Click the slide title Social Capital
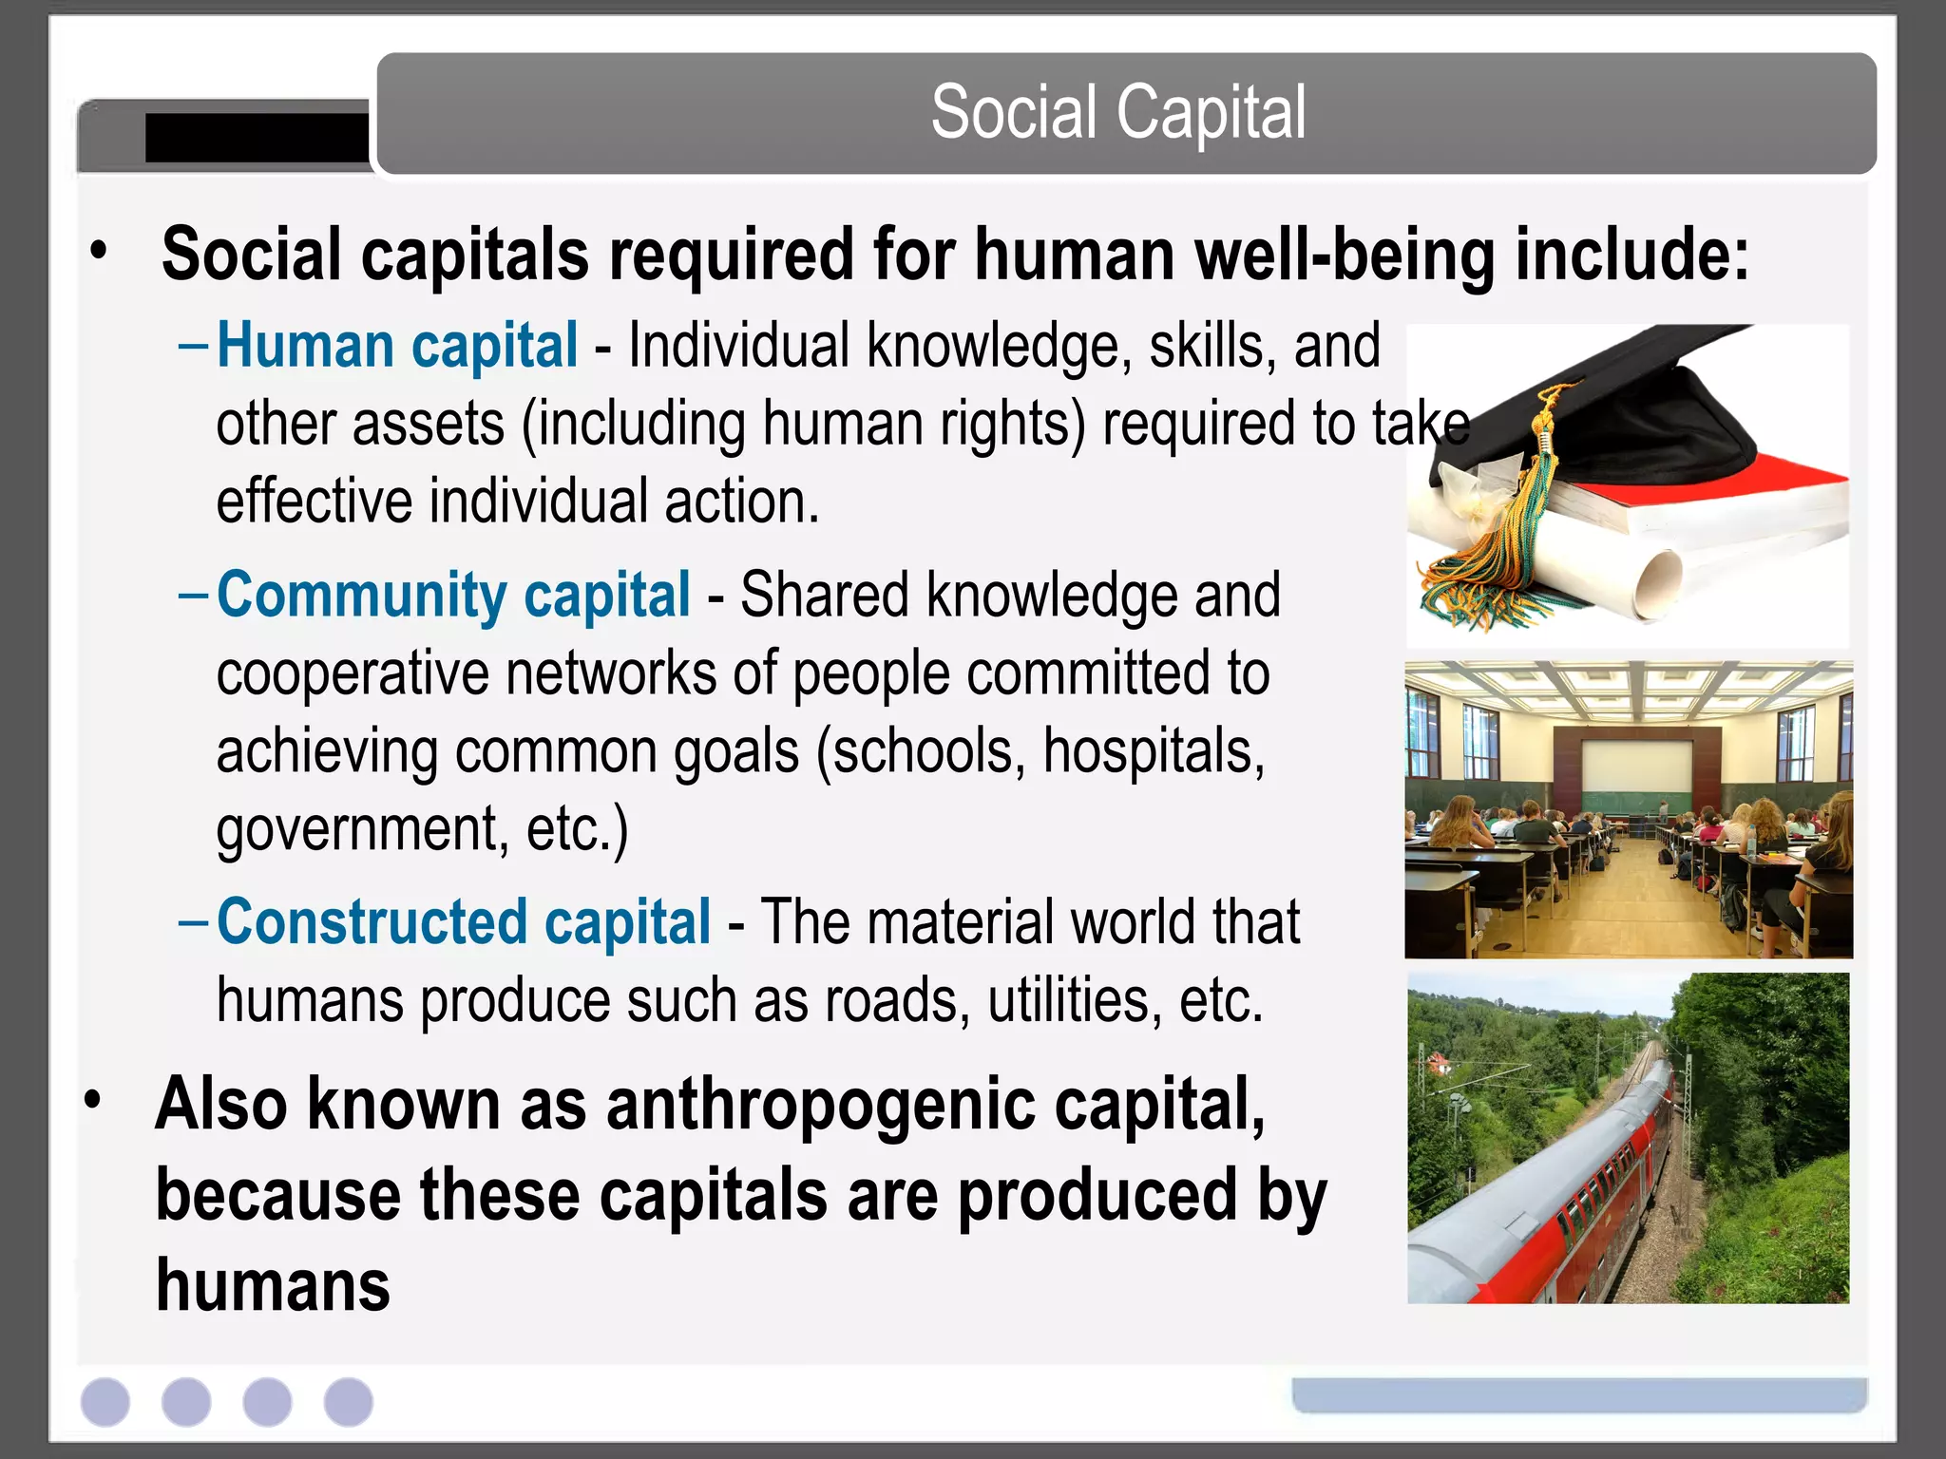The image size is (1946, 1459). pos(1118,113)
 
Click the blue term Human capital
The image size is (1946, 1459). pos(397,345)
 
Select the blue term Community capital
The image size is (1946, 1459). pos(453,596)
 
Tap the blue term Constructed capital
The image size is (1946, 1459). pos(464,922)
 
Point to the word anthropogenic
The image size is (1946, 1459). pos(820,1105)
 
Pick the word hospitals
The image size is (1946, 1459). pos(1154,751)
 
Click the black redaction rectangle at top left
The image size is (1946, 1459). pos(257,138)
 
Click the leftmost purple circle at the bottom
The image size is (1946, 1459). pos(105,1401)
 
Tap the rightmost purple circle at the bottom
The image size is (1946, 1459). pos(349,1401)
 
